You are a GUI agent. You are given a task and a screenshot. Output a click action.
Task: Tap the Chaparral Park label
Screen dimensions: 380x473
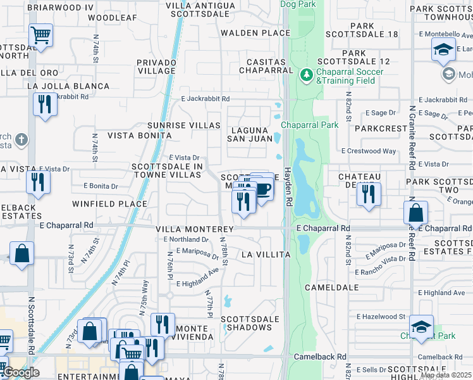pyautogui.click(x=310, y=125)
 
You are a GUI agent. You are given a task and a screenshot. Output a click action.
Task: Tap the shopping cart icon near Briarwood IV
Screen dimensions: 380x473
pyautogui.click(x=41, y=35)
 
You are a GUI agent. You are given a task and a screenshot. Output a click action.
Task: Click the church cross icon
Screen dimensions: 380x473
pyautogui.click(x=21, y=139)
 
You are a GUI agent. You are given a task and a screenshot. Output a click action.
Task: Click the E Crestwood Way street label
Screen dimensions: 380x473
pyautogui.click(x=369, y=151)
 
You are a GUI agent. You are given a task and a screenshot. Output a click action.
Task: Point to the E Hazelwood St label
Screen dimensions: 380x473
pyautogui.click(x=381, y=316)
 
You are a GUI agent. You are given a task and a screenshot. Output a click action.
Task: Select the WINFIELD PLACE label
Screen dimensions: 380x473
pyautogui.click(x=109, y=204)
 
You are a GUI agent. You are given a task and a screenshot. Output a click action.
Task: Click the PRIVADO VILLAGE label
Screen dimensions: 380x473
pyautogui.click(x=156, y=67)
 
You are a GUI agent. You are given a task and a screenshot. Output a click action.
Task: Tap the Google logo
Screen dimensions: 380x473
pyautogui.click(x=21, y=372)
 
